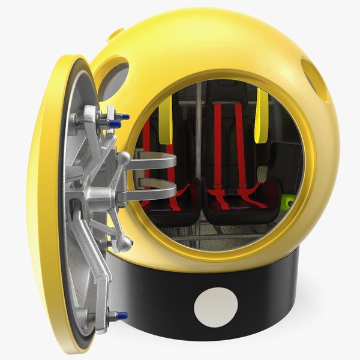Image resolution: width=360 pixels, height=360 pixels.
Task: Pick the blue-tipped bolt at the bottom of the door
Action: pyautogui.click(x=117, y=315)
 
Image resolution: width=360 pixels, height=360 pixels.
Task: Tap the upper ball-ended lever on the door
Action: pyautogui.click(x=123, y=158)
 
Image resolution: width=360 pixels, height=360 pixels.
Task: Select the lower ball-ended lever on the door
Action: pyautogui.click(x=124, y=242)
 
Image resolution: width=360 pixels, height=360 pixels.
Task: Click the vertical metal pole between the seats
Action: pyautogui.click(x=197, y=138)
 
